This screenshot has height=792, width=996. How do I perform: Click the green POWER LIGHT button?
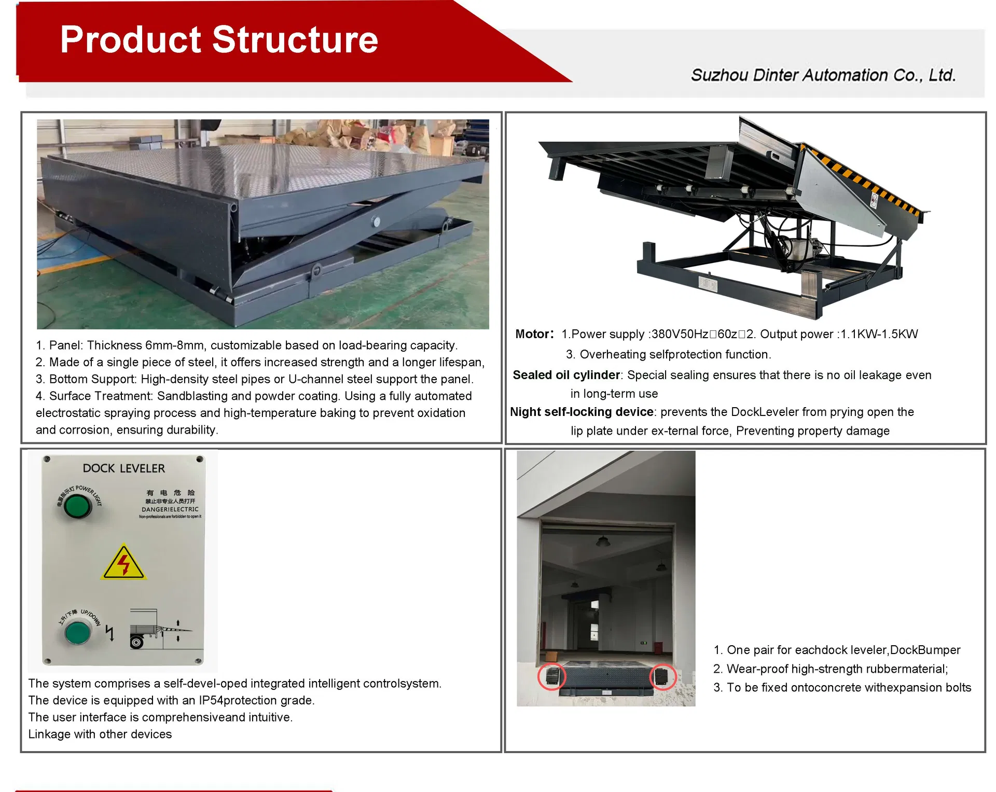tap(77, 506)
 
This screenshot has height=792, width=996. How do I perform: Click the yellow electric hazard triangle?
tap(123, 563)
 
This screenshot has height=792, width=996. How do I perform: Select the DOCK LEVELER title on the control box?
tap(124, 468)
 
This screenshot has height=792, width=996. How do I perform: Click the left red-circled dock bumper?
tap(551, 676)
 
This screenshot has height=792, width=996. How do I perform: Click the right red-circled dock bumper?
tap(662, 676)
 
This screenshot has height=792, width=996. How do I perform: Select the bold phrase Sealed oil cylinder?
tap(566, 375)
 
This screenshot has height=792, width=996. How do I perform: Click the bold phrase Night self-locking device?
tap(582, 412)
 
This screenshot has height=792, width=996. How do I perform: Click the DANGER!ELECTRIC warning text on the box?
tap(170, 509)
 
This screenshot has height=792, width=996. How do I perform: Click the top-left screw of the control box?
tap(47, 459)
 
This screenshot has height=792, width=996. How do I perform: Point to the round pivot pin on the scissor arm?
tap(376, 222)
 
